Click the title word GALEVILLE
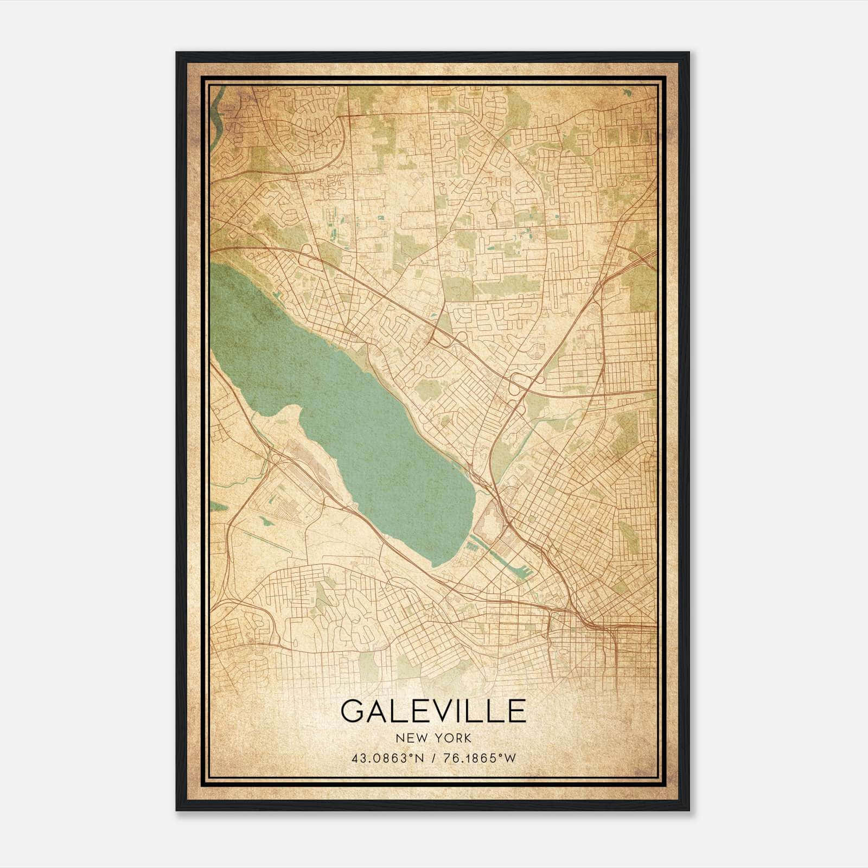pos(433,711)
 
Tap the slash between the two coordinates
pos(433,758)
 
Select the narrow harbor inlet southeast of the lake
pos(505,564)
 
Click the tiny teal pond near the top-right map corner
pos(628,93)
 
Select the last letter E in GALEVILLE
pos(516,711)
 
